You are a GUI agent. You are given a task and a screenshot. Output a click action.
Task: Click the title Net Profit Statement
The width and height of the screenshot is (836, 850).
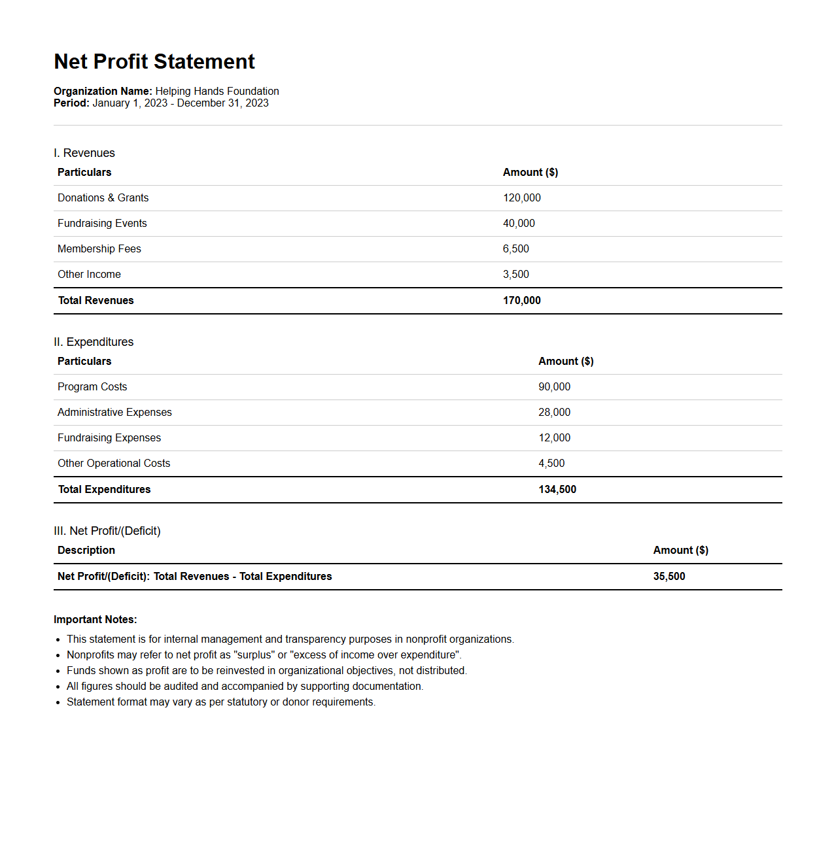coord(154,61)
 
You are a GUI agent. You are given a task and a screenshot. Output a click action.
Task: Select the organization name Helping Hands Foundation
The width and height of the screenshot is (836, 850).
coord(217,92)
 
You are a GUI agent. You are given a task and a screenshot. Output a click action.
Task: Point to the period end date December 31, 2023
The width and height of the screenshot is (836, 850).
coord(222,103)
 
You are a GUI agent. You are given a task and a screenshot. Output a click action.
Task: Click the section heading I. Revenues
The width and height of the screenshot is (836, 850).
coord(84,153)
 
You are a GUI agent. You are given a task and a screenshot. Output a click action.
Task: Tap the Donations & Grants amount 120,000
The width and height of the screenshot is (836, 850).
coord(521,198)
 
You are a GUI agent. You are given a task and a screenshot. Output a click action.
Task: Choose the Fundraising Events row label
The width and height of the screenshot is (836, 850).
coord(102,224)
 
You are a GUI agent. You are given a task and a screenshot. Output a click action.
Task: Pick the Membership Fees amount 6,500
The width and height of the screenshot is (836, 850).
coord(515,249)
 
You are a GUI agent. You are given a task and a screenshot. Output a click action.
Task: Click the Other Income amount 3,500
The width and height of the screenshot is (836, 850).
coord(515,275)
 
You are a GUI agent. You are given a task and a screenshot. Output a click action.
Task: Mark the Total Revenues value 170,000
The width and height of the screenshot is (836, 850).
coord(521,301)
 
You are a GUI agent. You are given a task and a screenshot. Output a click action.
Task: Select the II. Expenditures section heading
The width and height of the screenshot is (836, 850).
coord(94,342)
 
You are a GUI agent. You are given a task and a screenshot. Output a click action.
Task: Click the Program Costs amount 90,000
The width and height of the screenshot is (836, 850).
coord(554,387)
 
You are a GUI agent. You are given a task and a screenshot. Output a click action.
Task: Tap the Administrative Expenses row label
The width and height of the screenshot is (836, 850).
coord(114,413)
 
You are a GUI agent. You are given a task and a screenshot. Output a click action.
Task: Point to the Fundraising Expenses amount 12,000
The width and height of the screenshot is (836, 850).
coord(554,438)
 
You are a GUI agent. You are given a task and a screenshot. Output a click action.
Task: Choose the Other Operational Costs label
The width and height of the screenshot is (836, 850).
coord(114,464)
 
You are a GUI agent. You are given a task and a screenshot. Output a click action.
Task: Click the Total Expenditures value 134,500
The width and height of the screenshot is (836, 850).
coord(557,490)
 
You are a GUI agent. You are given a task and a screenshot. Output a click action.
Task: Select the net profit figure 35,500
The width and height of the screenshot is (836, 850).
coord(669,577)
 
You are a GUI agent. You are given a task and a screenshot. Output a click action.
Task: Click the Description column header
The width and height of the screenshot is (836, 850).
coord(86,551)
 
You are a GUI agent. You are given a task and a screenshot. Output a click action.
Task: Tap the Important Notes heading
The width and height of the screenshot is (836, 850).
coord(96,620)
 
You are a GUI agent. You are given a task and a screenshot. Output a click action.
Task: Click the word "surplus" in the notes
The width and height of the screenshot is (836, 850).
coord(255,655)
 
